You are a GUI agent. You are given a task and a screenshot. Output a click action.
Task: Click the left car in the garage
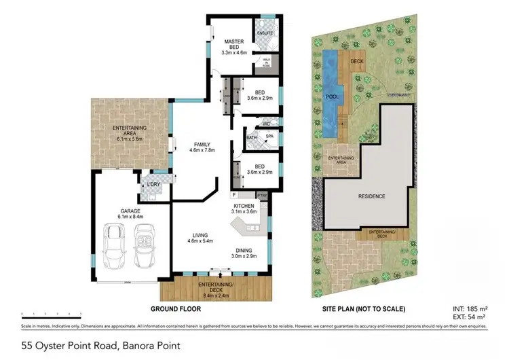coord(113,248)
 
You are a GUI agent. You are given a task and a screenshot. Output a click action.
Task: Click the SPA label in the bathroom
coord(269,137)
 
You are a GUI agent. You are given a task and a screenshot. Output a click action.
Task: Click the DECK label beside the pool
coord(358,62)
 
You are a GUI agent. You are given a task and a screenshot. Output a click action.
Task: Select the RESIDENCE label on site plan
coord(371,196)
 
